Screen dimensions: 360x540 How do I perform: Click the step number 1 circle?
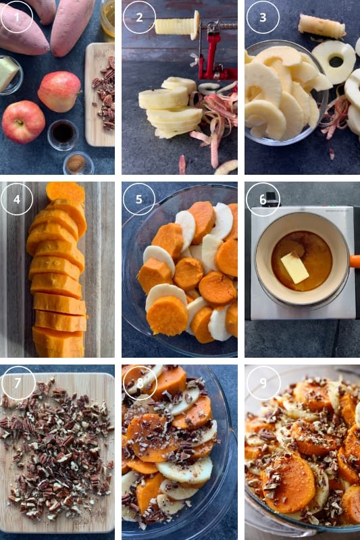17,17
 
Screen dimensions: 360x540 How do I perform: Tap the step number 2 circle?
139,17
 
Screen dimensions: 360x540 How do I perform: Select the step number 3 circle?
263,18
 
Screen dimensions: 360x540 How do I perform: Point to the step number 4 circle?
17,199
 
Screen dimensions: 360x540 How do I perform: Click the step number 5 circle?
139,199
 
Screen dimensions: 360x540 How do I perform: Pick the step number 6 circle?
263,199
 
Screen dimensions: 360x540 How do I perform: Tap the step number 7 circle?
18,383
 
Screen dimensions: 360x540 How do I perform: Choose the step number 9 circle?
263,383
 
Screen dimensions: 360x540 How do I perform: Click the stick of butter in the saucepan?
294,267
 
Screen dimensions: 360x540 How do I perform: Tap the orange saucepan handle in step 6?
355,261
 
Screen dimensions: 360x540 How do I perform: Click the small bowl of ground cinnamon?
78,163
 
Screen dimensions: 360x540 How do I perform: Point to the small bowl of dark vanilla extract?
63,134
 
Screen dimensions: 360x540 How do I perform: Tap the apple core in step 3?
322,26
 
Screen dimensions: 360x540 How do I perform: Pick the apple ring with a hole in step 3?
334,62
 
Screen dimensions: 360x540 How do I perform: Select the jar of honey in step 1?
107,18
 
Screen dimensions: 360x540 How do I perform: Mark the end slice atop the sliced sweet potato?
66,193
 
